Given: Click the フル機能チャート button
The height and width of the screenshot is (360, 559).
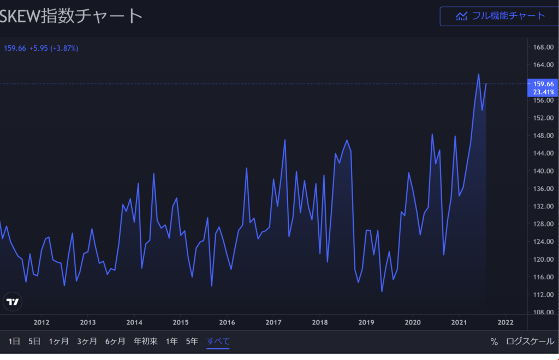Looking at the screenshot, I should [500, 16].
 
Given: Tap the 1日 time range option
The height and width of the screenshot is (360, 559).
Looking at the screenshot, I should [14, 341].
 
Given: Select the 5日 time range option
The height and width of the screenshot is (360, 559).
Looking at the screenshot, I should [34, 341].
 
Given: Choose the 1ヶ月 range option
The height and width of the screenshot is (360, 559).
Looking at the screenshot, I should [59, 341].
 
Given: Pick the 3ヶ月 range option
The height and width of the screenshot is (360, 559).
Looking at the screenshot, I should [87, 341].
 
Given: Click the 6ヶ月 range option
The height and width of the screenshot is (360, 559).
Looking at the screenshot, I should [116, 341].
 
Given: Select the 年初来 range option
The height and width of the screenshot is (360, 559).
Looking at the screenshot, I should [146, 341].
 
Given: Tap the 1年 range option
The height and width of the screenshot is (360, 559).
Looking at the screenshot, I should [172, 341].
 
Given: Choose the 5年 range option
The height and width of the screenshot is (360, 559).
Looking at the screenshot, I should [192, 341].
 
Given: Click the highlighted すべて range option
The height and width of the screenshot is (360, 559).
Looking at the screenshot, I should [218, 341].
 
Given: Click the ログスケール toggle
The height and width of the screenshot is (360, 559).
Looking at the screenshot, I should [530, 341].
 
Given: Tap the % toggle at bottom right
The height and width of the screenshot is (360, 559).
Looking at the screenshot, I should [494, 341].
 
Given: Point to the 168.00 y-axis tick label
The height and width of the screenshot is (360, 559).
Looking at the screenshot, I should [543, 47].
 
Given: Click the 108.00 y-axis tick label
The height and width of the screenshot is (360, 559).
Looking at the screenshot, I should [543, 313].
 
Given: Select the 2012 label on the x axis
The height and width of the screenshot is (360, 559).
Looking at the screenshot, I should [41, 322].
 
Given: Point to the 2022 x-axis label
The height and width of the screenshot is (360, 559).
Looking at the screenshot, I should [506, 322].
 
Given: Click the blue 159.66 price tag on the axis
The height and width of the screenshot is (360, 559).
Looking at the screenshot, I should [543, 84].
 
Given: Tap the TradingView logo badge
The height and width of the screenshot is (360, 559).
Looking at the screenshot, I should [13, 302].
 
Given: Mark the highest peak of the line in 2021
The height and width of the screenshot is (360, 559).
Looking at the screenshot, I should [479, 74].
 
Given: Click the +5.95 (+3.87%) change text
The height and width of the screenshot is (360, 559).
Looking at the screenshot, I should [54, 48].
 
